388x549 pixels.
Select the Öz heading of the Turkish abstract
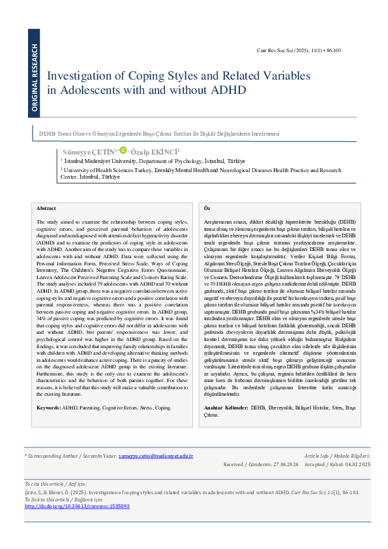coord(207,207)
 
